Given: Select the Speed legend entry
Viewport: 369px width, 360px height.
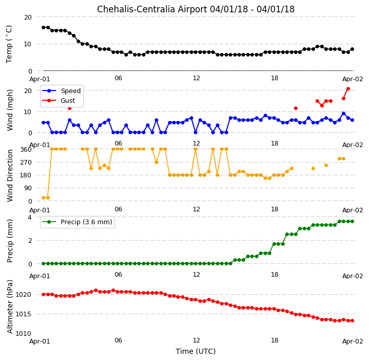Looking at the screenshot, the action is (61, 91).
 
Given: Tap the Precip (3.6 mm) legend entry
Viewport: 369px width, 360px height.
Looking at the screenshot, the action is (77, 222).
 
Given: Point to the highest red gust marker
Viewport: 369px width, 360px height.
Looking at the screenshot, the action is (348, 89).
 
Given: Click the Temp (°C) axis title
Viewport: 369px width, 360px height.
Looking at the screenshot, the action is (9, 44).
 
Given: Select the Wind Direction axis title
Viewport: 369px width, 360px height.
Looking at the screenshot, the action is (10, 176).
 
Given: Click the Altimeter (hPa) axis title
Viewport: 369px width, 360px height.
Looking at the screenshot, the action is (10, 307).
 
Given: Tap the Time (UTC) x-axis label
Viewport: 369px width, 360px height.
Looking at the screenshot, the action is (196, 351).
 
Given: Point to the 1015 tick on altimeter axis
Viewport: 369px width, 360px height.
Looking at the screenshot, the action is (23, 314).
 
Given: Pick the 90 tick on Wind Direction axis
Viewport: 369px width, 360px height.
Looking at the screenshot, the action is (28, 188).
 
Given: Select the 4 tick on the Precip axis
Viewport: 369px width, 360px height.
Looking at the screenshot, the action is (30, 217).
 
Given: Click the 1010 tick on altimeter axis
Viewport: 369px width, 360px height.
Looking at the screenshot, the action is (23, 334).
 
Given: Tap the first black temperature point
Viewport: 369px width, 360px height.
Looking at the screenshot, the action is (44, 28).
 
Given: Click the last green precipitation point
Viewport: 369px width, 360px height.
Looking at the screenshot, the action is (352, 221).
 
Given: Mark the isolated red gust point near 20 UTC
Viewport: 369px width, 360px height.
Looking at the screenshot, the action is (296, 109).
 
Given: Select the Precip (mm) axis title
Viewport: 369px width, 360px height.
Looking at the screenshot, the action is (10, 241).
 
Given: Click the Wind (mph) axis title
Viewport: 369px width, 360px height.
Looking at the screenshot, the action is (10, 110).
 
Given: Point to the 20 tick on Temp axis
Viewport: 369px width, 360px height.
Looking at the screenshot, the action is (28, 17).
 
